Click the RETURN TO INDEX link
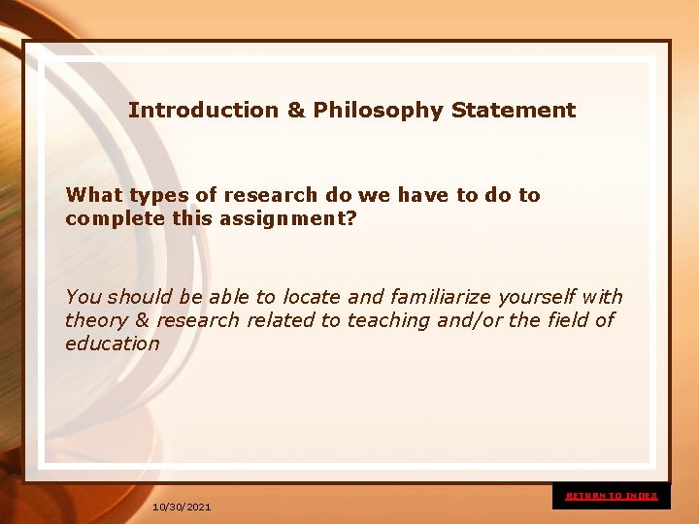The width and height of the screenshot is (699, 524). pos(612,496)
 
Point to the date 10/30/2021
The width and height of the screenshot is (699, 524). pos(182,508)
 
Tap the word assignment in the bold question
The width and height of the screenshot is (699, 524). pos(297,219)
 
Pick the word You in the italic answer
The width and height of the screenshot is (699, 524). pos(83,297)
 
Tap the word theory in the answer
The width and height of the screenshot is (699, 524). pos(96,320)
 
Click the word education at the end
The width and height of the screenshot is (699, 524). pos(112,344)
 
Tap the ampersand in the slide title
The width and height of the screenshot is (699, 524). pos(296,111)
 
